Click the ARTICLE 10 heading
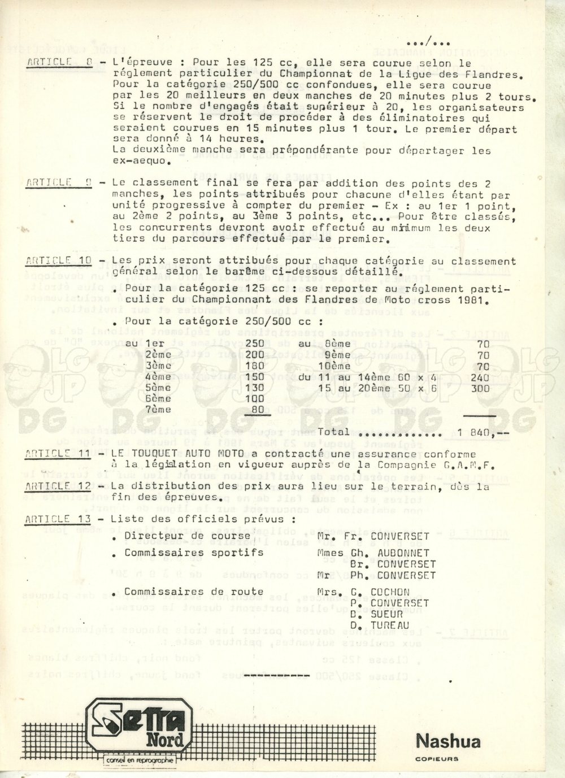tap(58, 261)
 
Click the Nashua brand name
tap(448, 741)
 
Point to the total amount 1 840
tap(476, 433)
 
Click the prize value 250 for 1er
tap(255, 344)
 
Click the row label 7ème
tap(158, 410)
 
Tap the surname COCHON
tap(390, 592)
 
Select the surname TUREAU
tap(390, 625)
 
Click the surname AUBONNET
tap(403, 553)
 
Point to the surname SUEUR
tap(387, 614)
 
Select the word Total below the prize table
tap(333, 432)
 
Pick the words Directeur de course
tap(187, 536)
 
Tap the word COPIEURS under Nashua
tap(437, 759)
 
